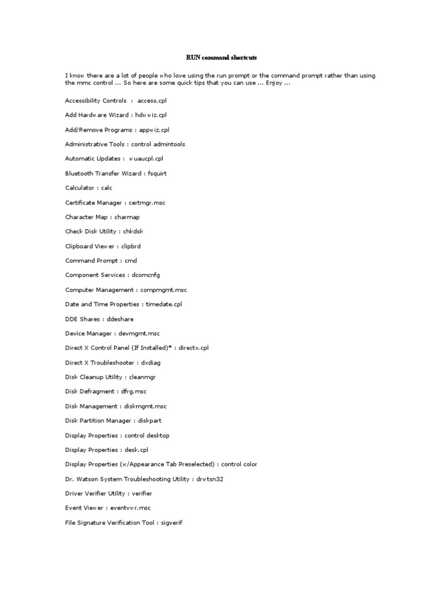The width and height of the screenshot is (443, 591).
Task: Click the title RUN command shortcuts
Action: (221, 58)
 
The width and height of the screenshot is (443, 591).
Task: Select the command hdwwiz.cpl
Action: (151, 115)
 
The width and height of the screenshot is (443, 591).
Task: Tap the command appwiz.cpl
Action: (154, 129)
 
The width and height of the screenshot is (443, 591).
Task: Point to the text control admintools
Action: (158, 144)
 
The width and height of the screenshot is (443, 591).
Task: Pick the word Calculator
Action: (80, 188)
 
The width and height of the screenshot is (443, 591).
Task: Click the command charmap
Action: (127, 217)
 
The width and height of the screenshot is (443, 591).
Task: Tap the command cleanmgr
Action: (142, 377)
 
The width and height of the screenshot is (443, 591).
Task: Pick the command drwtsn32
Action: (209, 479)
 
